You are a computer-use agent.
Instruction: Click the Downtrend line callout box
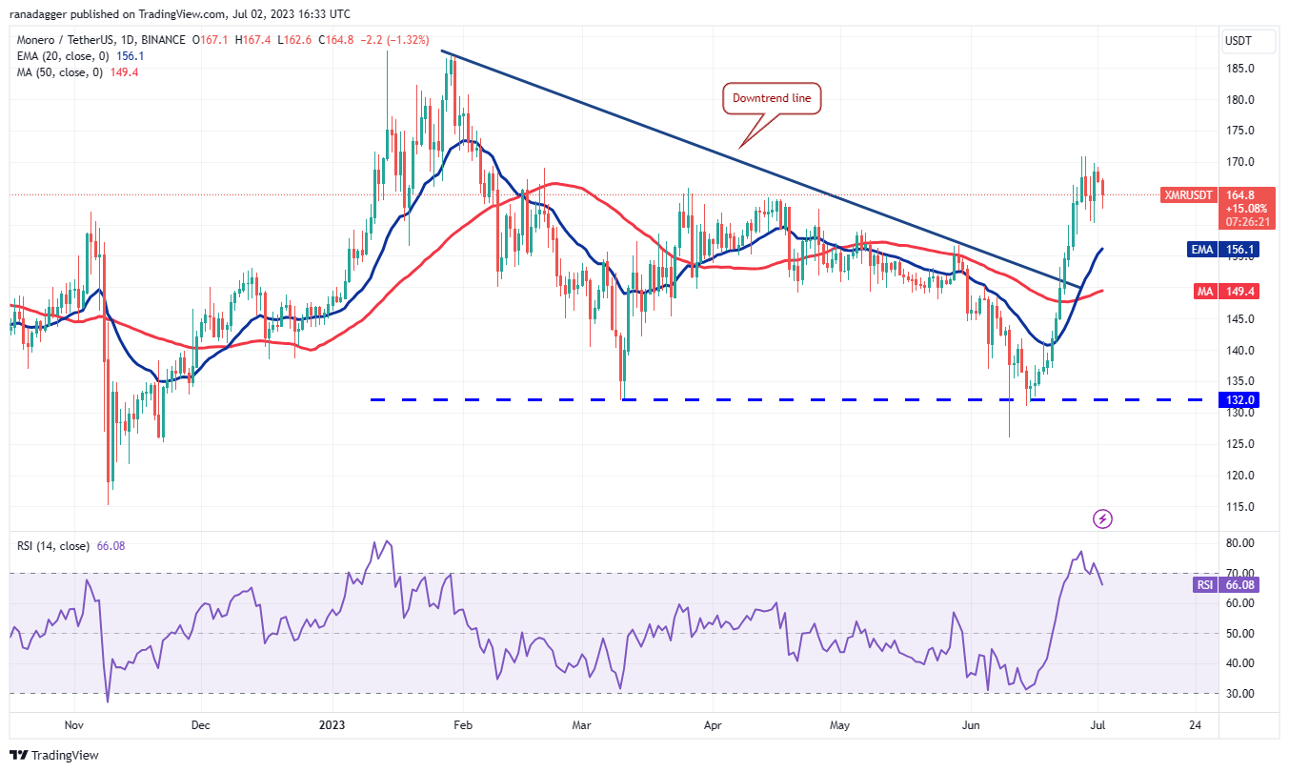772,97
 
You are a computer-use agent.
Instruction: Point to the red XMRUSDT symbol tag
1189,194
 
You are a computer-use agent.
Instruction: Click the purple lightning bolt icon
1102,518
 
